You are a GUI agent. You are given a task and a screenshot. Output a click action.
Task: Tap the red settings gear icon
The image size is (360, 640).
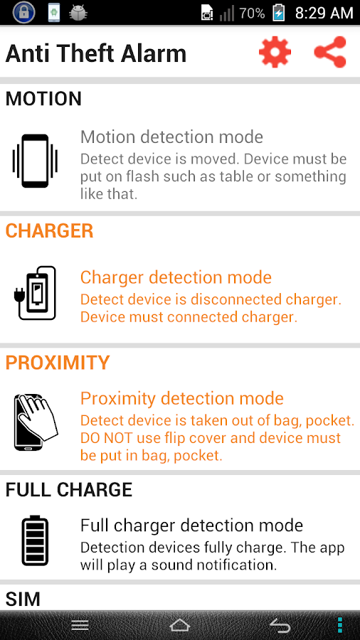275,52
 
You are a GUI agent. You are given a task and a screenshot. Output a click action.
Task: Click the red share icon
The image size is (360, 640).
330,52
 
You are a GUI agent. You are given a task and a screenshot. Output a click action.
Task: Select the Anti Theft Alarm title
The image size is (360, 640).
96,53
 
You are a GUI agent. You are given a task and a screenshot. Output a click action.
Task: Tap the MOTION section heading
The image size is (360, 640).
43,99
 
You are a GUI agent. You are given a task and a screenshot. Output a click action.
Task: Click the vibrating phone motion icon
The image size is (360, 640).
35,161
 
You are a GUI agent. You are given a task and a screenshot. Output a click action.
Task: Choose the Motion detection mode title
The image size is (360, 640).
172,137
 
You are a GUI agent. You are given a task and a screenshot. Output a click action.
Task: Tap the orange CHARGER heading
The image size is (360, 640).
49,231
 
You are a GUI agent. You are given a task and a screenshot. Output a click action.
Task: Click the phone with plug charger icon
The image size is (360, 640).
35,293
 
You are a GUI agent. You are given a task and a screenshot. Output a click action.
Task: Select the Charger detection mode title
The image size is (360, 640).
176,277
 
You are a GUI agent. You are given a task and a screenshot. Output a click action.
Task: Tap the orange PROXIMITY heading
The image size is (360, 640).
58,363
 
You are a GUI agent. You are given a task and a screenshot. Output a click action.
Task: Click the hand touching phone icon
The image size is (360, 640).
36,422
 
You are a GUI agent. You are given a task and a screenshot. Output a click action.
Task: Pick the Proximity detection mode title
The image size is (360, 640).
182,398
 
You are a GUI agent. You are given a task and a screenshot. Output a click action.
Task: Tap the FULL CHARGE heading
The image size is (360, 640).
69,490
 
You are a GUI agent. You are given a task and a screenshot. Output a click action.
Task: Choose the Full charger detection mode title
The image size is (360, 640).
192,526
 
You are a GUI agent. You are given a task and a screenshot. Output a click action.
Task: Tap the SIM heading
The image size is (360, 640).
23,599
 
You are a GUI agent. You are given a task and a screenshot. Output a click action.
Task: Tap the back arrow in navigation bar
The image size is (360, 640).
280,625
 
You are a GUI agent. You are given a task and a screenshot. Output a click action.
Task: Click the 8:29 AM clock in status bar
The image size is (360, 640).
324,13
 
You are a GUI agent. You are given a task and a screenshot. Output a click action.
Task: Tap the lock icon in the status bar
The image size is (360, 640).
23,13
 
